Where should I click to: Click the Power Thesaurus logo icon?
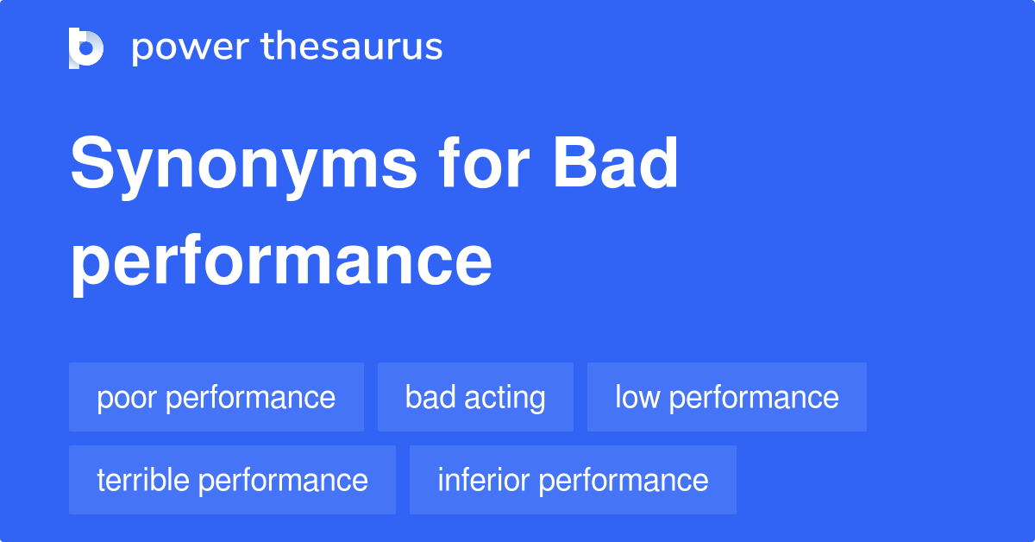pyautogui.click(x=86, y=47)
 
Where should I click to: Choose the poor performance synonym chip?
pyautogui.click(x=216, y=397)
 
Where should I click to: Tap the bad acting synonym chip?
pyautogui.click(x=475, y=397)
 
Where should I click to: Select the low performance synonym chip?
pyautogui.click(x=727, y=397)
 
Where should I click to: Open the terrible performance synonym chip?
pyautogui.click(x=232, y=480)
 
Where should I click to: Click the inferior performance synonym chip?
pyautogui.click(x=573, y=480)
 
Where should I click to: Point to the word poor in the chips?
pyautogui.click(x=128, y=398)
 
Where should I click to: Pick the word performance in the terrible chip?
pyautogui.click(x=284, y=481)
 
